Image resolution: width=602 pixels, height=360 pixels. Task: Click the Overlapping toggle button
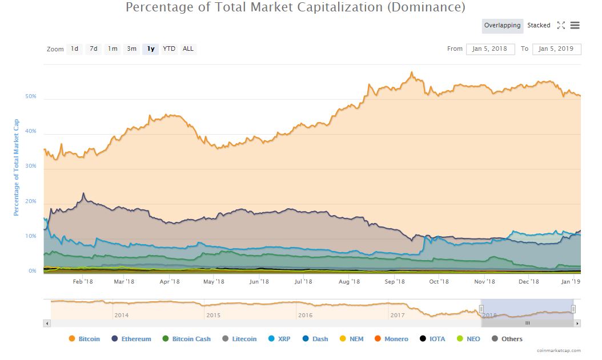pyautogui.click(x=502, y=26)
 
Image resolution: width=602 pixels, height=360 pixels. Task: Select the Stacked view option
pyautogui.click(x=539, y=26)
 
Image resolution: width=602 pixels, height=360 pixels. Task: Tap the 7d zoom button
pyautogui.click(x=94, y=49)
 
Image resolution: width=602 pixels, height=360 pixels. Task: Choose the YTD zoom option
pyautogui.click(x=169, y=49)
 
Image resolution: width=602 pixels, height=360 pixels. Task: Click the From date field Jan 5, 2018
pyautogui.click(x=490, y=49)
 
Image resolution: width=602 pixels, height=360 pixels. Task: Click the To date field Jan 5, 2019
pyautogui.click(x=556, y=49)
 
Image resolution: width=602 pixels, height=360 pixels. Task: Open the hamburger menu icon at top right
pyautogui.click(x=575, y=26)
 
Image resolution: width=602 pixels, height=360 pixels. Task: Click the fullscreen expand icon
pyautogui.click(x=561, y=26)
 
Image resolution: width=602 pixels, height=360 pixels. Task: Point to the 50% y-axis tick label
pyautogui.click(x=31, y=96)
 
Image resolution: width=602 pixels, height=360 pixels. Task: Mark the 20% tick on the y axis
pyautogui.click(x=31, y=201)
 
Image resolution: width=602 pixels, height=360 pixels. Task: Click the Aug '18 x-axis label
pyautogui.click(x=349, y=281)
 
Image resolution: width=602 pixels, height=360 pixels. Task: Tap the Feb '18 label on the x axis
pyautogui.click(x=83, y=281)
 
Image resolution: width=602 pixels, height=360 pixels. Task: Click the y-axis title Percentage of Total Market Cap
pyautogui.click(x=17, y=167)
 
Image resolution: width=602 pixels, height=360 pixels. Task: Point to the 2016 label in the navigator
pyautogui.click(x=305, y=315)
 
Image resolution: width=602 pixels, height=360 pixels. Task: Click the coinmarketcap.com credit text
pyautogui.click(x=559, y=351)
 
